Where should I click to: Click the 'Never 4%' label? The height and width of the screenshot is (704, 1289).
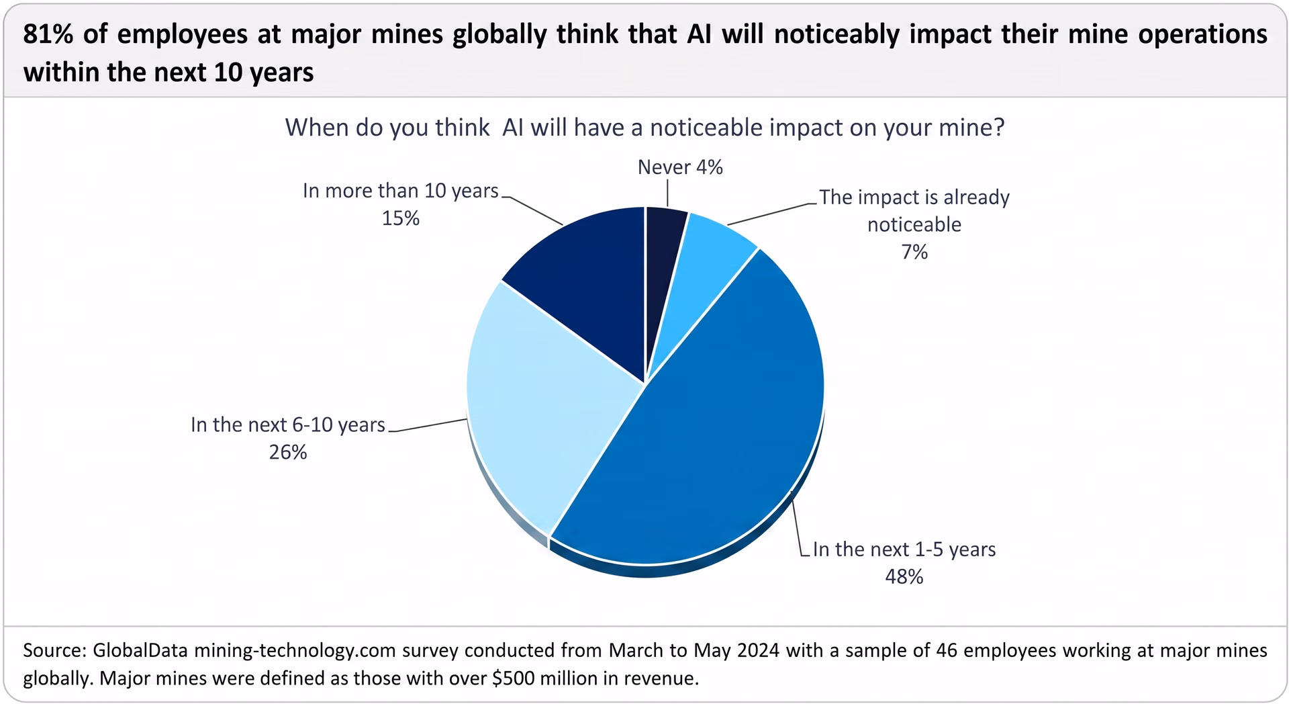pos(680,167)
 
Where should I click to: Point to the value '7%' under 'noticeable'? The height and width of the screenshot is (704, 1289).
pos(914,252)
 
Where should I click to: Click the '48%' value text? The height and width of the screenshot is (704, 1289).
pos(904,577)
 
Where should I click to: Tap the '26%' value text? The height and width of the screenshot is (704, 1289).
pos(288,452)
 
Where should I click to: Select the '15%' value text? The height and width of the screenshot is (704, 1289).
pos(401,218)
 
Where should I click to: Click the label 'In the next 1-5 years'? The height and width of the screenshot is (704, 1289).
pos(904,549)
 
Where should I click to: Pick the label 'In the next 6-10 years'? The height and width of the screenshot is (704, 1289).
pos(288,425)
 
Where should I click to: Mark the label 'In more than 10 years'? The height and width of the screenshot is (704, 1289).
pos(401,191)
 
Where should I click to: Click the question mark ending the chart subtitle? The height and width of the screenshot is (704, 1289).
pos(999,128)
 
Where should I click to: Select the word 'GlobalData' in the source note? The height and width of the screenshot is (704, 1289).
pos(140,650)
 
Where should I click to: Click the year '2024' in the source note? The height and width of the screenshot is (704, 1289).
pos(758,650)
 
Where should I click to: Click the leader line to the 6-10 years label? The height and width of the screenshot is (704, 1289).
pos(428,425)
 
